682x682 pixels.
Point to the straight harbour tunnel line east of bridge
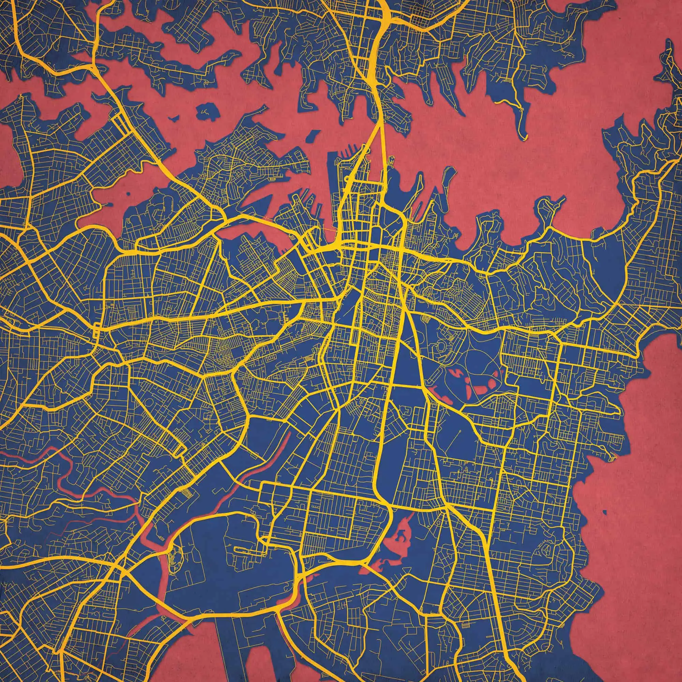[382, 148]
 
